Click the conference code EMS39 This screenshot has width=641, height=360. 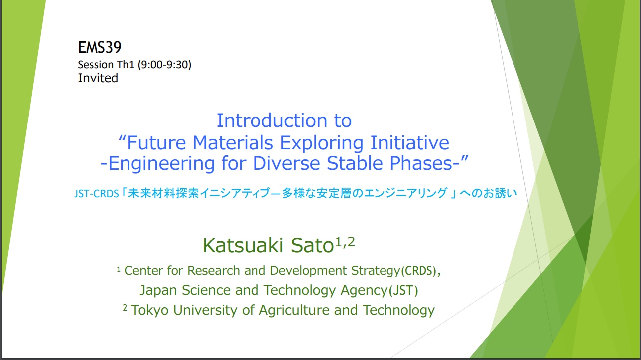(100, 47)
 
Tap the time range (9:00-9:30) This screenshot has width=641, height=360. (164, 65)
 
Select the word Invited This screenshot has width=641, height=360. (98, 78)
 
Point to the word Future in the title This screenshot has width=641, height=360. (156, 143)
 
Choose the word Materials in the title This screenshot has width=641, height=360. (233, 143)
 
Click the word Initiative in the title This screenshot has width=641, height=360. (410, 143)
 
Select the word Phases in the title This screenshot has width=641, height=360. (421, 163)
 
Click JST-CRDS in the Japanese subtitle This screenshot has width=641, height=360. (97, 194)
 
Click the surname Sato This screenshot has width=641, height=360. (312, 245)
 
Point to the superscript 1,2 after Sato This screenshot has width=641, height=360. (345, 242)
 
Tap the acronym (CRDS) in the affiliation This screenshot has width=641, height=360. (419, 271)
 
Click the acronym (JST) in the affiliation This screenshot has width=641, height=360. (403, 290)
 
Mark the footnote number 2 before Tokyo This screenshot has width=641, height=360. (125, 308)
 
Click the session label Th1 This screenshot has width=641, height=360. (126, 65)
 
